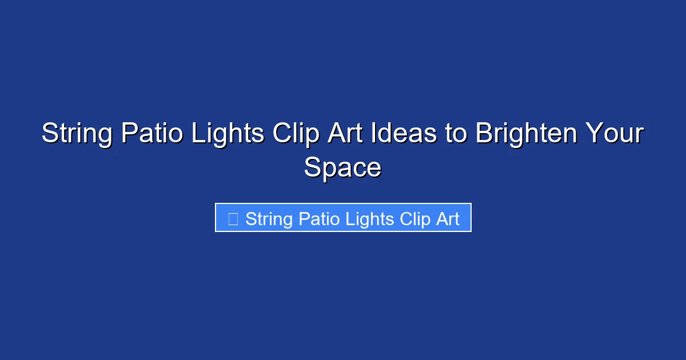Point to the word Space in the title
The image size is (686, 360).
click(342, 168)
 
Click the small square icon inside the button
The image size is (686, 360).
click(233, 218)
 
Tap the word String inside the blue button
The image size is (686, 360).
click(269, 219)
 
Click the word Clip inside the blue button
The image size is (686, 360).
click(414, 219)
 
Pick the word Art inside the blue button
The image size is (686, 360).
click(448, 219)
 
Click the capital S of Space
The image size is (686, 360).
click(312, 168)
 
